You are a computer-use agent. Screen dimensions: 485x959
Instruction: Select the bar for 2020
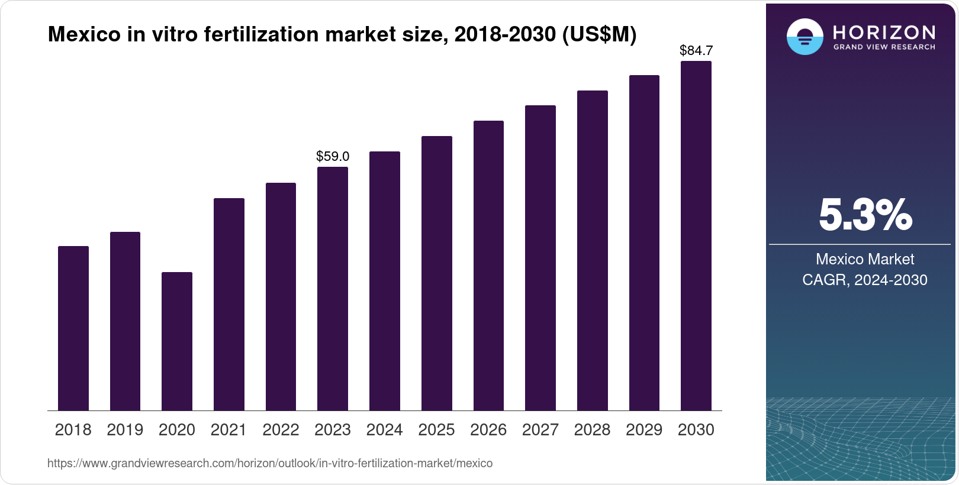(x=177, y=341)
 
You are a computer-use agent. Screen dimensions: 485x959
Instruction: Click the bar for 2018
(x=73, y=328)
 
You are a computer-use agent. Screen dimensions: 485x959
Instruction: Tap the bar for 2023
(x=333, y=289)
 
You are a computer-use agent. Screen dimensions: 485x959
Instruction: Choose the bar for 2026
(x=488, y=266)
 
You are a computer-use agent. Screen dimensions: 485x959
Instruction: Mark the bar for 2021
(x=229, y=304)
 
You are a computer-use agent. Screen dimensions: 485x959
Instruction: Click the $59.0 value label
(x=333, y=157)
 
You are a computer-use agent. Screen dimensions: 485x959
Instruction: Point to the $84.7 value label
(x=696, y=51)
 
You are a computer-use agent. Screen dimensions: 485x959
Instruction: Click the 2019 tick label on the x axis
(x=125, y=430)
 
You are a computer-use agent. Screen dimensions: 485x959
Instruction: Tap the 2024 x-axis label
(x=384, y=430)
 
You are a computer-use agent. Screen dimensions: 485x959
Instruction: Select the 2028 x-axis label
(x=592, y=430)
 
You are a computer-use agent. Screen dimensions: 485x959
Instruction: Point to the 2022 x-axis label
(x=281, y=430)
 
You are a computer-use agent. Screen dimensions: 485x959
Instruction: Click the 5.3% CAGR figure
(x=865, y=215)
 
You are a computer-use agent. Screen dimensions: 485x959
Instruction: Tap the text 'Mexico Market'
(x=865, y=259)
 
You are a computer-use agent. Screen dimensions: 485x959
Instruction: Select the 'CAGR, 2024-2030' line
(x=865, y=280)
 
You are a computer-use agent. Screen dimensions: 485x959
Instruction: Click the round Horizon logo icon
(x=804, y=37)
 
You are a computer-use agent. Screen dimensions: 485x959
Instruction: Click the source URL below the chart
(x=270, y=464)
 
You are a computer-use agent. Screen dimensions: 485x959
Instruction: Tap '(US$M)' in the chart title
(x=598, y=35)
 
